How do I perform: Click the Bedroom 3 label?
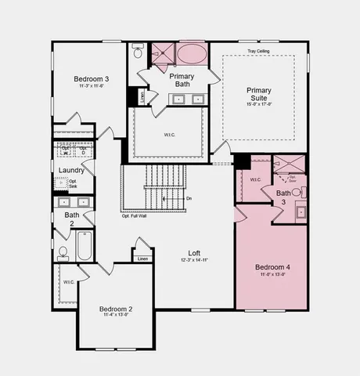point(92,79)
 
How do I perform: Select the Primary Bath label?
point(182,80)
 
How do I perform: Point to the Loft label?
point(193,253)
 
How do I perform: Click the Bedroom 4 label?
point(272,268)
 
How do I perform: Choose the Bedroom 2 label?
point(116,309)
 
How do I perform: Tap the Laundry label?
point(71,170)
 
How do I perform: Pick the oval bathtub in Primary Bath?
point(191,55)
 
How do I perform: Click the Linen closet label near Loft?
point(142,258)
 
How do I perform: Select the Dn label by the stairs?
point(189,198)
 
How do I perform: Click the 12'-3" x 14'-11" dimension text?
point(193,260)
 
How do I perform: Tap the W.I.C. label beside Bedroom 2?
point(69,282)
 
